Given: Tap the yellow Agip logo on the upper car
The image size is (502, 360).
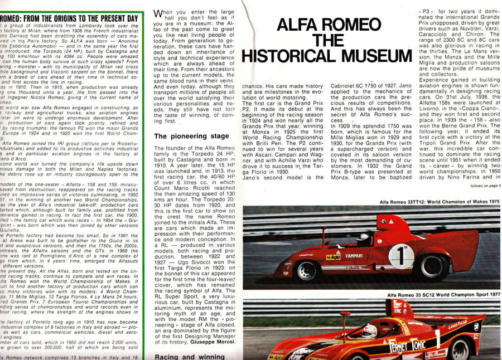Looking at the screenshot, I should click(333, 257).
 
